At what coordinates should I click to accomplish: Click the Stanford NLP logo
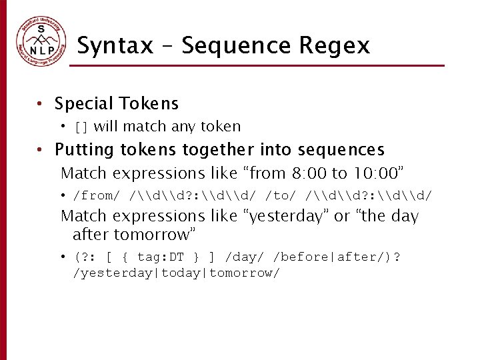(42, 41)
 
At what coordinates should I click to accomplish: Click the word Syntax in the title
(115, 45)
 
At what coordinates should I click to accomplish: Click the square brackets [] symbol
(81, 127)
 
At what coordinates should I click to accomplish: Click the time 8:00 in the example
(310, 173)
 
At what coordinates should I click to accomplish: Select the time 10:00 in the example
(377, 173)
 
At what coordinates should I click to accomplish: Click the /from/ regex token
(97, 195)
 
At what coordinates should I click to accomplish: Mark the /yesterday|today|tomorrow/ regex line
(177, 273)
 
